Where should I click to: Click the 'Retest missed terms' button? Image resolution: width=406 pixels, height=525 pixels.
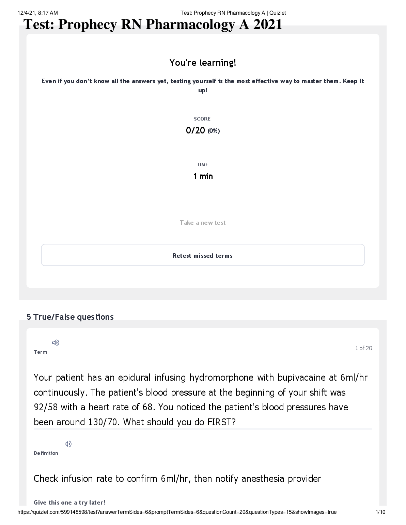(x=203, y=256)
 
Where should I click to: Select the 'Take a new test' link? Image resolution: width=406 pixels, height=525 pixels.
(x=203, y=223)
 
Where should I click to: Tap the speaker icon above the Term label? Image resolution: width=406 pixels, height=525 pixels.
(x=56, y=343)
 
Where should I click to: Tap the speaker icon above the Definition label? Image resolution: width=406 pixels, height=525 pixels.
(x=68, y=444)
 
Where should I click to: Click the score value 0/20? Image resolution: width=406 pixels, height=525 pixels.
(x=196, y=130)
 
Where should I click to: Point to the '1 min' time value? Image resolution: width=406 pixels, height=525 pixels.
(x=203, y=176)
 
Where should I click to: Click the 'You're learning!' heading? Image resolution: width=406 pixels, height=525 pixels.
(x=203, y=63)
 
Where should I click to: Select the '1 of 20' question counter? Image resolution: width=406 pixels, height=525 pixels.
(x=363, y=348)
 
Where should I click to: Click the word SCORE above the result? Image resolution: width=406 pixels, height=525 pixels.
(x=202, y=119)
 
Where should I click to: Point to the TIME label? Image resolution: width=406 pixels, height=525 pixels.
(x=202, y=164)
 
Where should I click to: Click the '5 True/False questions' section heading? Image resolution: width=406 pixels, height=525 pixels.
(x=70, y=317)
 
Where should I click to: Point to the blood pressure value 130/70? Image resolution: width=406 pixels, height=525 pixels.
(x=102, y=422)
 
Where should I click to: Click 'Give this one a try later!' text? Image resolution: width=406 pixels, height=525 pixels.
(x=69, y=503)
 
